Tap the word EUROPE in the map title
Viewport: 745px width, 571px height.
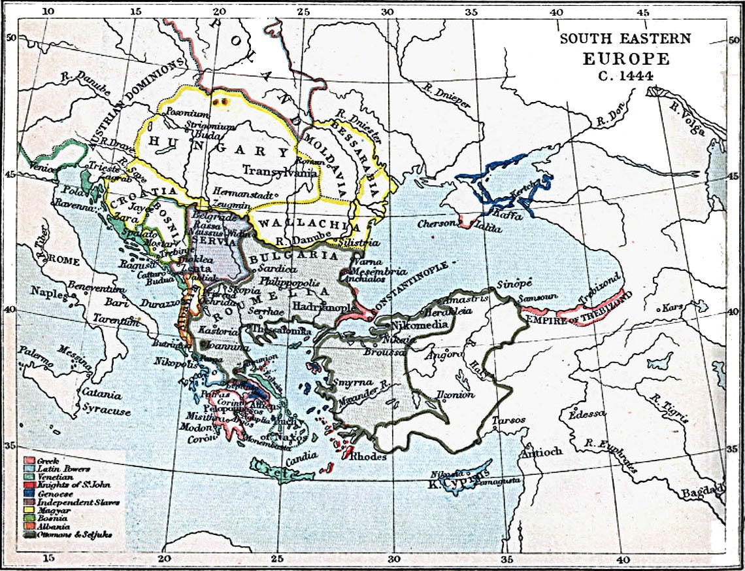625,58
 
